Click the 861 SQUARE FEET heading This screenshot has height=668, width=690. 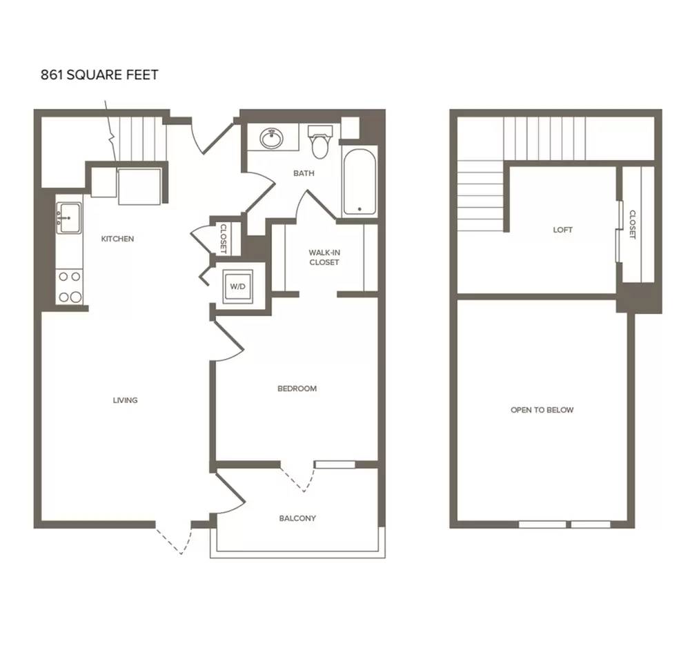[x=99, y=75]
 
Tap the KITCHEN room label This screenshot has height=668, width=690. [x=117, y=239]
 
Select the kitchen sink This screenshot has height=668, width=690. [x=70, y=218]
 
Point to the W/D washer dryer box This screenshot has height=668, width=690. [x=237, y=286]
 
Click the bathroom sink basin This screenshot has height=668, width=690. [x=272, y=139]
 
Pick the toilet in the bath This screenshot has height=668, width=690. [x=320, y=141]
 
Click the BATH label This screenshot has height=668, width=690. [x=304, y=173]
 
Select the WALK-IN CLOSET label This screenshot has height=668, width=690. [x=324, y=257]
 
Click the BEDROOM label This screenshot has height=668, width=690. [x=297, y=389]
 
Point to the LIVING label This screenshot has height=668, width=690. [x=126, y=400]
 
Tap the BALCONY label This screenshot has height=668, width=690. [x=297, y=518]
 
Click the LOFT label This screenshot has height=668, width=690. [x=563, y=230]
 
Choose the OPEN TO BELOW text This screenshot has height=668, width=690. [x=542, y=410]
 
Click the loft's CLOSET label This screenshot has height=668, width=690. [x=632, y=224]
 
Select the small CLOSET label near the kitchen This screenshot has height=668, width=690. [x=223, y=239]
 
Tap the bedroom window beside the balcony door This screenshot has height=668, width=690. [x=335, y=464]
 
